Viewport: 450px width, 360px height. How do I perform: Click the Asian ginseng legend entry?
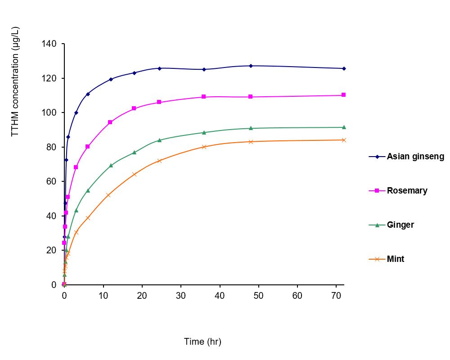pos(415,157)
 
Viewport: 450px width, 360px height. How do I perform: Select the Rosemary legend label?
pos(407,190)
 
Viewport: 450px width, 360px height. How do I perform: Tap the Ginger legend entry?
pos(400,225)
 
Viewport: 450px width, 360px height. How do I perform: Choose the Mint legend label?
pos(396,259)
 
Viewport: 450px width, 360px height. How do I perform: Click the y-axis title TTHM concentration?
pos(15,81)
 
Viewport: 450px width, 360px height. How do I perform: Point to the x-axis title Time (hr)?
pos(202,342)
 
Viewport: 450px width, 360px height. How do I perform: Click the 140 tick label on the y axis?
pos(50,44)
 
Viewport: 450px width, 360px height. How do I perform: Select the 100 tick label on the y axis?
pos(50,112)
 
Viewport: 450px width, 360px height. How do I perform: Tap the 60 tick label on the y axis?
pos(52,181)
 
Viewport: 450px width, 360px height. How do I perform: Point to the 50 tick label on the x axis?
pos(258,296)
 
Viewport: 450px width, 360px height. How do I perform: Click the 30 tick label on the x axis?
pos(181,296)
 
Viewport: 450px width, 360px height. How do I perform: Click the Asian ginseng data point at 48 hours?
pos(251,66)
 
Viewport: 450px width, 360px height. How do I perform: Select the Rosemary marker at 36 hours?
pos(204,97)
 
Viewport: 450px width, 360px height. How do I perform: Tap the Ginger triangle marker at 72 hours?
pos(344,127)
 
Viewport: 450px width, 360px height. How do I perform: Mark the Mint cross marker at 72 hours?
pos(344,140)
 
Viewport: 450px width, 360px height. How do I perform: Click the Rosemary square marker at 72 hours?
pos(344,95)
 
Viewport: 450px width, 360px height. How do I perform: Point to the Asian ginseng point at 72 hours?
pos(344,68)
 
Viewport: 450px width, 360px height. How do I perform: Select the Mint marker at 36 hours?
pos(204,147)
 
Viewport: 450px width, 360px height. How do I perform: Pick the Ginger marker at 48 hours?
pos(251,128)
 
